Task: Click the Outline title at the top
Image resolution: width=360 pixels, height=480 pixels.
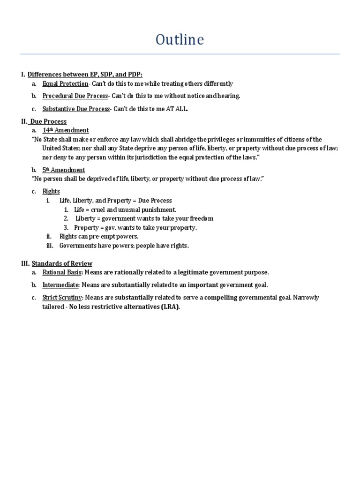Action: point(180,40)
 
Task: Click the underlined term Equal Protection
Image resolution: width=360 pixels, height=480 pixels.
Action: point(65,83)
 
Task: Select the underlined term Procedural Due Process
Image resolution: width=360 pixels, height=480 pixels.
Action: point(75,96)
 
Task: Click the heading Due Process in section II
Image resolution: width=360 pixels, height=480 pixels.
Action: point(48,121)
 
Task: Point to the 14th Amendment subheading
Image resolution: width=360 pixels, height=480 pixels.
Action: point(66,130)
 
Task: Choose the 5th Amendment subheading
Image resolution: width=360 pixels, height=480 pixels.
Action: point(64,170)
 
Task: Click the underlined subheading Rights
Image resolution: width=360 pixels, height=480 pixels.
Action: point(51,191)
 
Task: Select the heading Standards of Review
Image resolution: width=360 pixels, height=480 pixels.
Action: point(62,263)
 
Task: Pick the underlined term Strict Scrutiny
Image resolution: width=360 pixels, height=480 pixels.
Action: point(62,298)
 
